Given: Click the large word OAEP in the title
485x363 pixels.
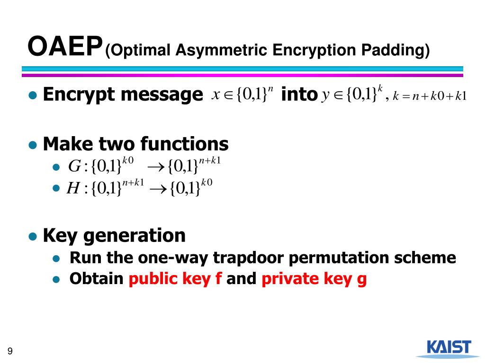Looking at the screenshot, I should (65, 47).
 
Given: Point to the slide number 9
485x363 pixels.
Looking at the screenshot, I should (10, 351).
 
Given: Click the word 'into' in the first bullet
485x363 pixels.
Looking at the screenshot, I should (298, 95).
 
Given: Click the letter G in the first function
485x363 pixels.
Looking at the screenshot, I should (74, 166).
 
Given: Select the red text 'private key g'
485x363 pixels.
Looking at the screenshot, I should (314, 279).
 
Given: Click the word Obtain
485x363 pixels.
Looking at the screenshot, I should (96, 279).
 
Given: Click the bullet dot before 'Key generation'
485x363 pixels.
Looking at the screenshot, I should (33, 236).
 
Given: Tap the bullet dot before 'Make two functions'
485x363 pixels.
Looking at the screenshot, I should (33, 144).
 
